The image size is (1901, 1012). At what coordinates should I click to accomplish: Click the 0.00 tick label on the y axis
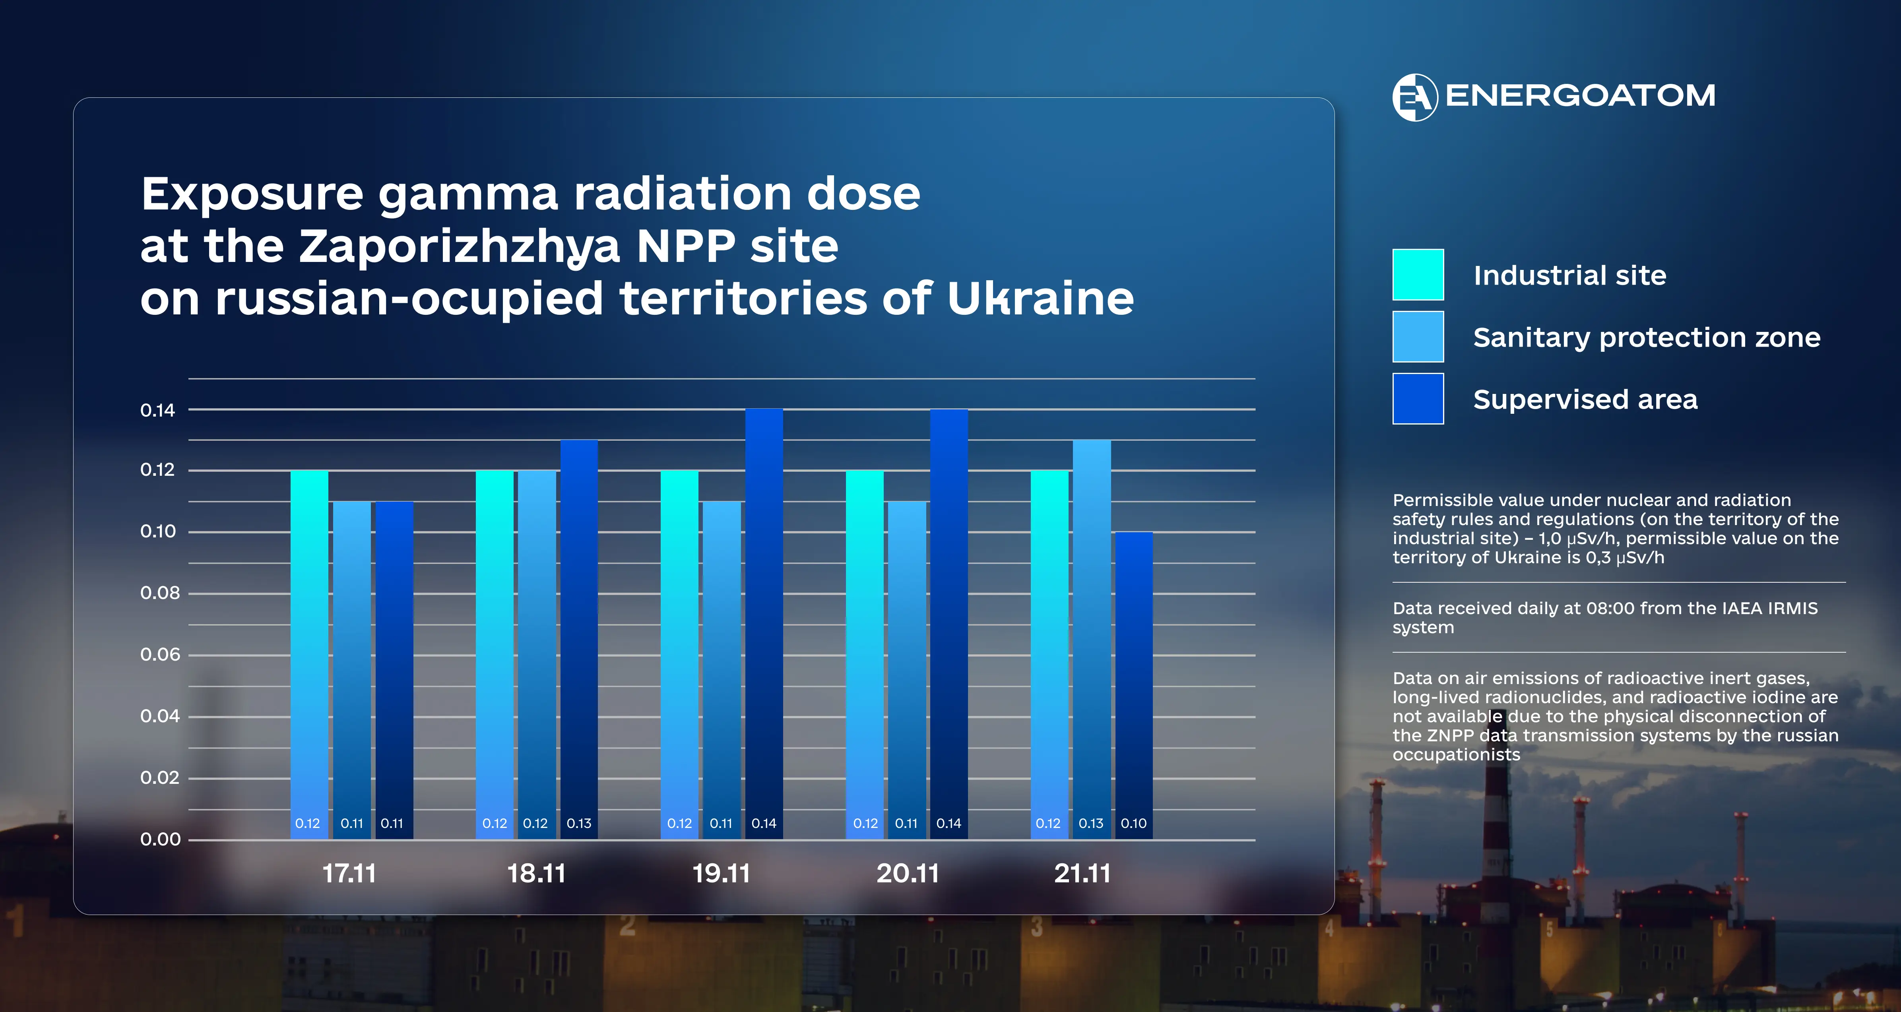tap(160, 839)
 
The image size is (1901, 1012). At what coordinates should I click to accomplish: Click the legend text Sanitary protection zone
tap(1647, 337)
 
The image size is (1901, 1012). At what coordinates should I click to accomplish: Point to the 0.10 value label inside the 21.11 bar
tap(1133, 824)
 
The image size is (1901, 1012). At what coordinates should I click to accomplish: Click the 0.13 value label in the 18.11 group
tap(578, 824)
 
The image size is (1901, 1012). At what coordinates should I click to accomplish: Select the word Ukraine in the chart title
tap(1040, 299)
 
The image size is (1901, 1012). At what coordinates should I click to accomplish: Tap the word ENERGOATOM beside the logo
tap(1580, 96)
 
